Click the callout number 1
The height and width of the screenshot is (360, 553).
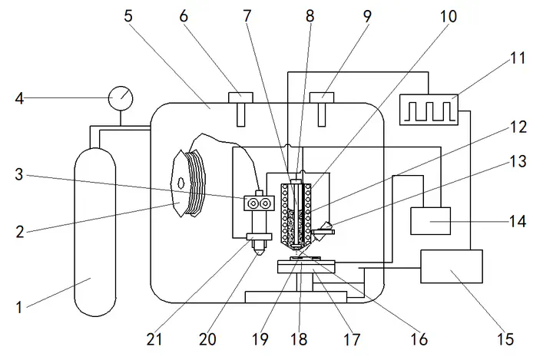19,307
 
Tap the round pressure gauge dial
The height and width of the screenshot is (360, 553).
121,98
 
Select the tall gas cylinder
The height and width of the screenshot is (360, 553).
95,232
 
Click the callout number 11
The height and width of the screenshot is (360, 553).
518,58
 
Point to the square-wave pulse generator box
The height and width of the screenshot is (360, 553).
429,110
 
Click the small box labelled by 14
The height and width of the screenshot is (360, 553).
431,221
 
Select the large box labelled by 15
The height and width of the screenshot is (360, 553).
452,266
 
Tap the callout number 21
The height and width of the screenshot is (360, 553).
154,339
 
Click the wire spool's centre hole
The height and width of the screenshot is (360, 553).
181,183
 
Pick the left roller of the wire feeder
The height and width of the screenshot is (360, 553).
253,203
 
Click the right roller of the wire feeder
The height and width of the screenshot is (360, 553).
265,203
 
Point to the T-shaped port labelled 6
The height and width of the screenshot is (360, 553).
241,109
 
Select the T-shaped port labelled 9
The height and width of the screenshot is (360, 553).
322,109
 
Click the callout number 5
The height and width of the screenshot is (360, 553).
128,16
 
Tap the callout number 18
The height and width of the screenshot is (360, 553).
299,339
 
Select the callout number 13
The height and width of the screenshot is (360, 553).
518,161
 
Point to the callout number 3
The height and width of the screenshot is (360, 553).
19,174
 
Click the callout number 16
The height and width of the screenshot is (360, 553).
419,339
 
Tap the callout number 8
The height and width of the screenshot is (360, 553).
310,16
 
